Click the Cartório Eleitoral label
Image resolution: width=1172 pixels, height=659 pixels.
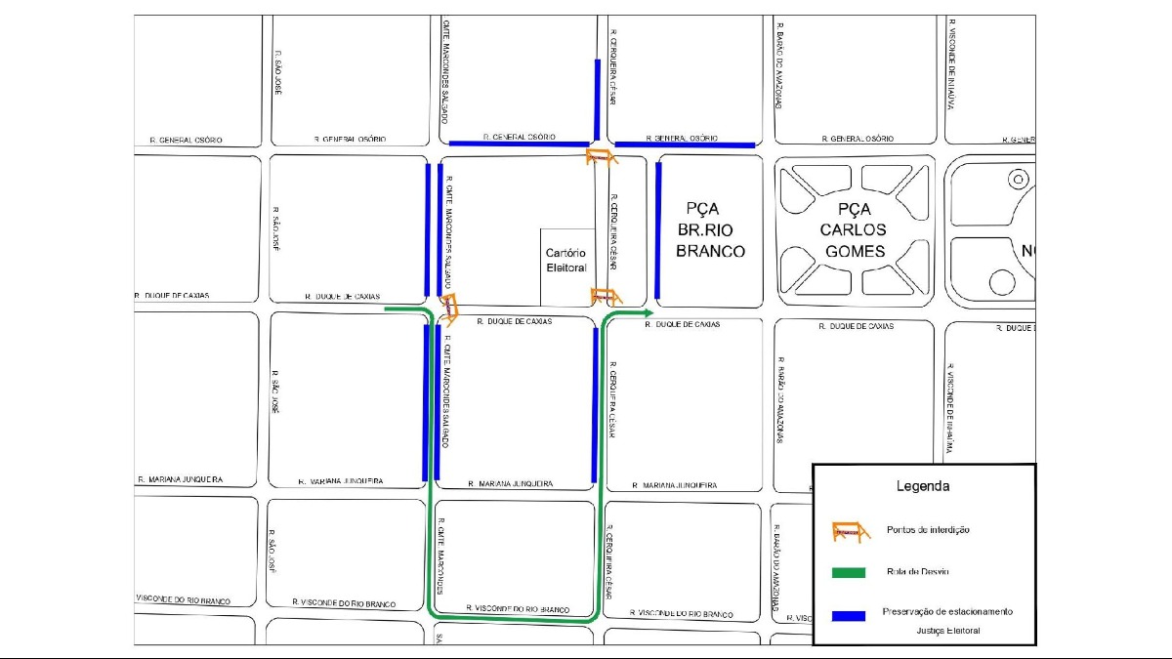(x=566, y=261)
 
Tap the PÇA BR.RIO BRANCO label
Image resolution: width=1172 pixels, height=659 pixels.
(x=711, y=229)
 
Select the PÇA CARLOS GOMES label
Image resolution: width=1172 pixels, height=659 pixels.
(x=854, y=229)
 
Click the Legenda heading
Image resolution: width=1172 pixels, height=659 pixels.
(x=923, y=485)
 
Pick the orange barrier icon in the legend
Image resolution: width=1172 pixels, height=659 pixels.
(x=851, y=531)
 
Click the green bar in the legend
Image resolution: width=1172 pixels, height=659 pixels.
(x=849, y=572)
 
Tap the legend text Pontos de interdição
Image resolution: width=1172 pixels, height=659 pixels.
(x=928, y=530)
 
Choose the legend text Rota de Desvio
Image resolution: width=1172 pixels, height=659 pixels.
(x=917, y=572)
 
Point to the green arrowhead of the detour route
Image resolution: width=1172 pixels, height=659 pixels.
(x=647, y=312)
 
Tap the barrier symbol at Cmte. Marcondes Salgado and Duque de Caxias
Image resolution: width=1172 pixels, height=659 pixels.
(x=450, y=306)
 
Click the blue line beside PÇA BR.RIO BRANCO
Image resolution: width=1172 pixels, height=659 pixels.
(x=659, y=230)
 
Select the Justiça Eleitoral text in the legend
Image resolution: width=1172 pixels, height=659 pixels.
(x=947, y=631)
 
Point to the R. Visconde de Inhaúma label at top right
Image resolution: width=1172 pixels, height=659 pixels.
(x=951, y=64)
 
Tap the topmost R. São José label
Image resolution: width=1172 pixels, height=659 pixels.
(x=278, y=73)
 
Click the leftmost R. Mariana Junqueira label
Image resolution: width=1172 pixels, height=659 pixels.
(x=181, y=480)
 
